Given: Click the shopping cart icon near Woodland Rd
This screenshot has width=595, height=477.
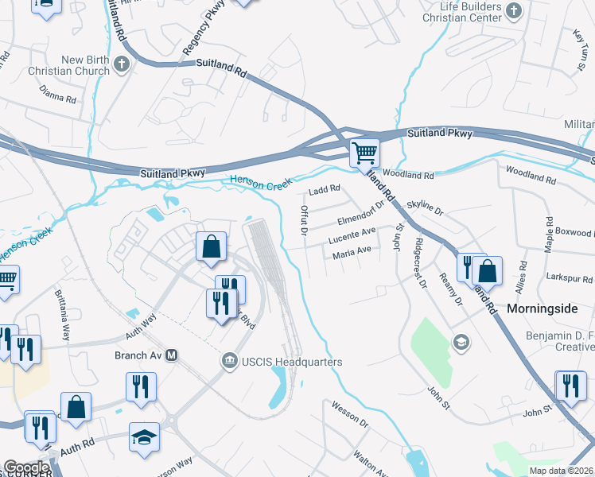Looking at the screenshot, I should [x=364, y=151].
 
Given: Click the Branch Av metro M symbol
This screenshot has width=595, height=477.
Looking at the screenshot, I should [x=171, y=356].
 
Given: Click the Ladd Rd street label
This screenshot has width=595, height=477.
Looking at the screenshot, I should [x=325, y=189].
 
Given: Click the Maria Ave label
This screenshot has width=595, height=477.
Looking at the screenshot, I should [x=352, y=251].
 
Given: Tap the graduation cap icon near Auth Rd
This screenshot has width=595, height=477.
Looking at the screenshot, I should [x=145, y=437].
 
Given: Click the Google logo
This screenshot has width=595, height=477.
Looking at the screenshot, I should [x=26, y=467].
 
